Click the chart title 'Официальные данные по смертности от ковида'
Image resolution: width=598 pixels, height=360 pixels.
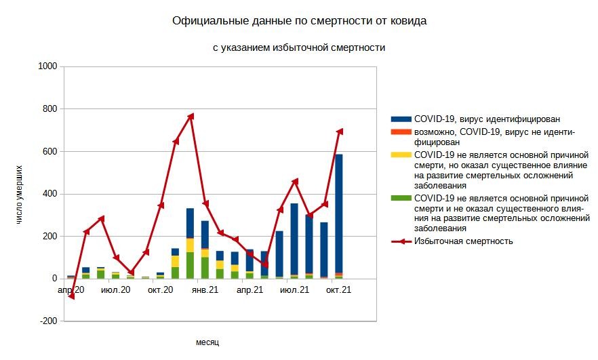click(299, 21)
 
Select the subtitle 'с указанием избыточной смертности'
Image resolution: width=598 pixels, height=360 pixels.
click(298, 47)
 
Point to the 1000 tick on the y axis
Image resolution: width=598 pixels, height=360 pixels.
click(48, 66)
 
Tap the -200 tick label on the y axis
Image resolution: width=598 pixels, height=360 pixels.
click(48, 321)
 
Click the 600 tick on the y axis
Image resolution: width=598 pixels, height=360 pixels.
click(50, 151)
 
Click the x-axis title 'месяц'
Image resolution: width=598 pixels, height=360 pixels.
click(207, 342)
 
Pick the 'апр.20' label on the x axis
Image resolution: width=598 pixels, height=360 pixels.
click(71, 290)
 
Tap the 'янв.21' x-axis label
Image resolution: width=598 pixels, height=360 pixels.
click(204, 290)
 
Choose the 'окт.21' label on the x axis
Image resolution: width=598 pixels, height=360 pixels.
click(338, 290)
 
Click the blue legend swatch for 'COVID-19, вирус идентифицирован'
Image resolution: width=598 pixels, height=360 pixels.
click(401, 119)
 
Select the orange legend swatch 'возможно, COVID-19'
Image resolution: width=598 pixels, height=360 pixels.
click(401, 131)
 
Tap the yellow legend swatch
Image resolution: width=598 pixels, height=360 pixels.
click(401, 155)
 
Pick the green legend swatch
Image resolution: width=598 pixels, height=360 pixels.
click(401, 197)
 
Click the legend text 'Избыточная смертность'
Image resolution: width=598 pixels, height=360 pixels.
click(463, 241)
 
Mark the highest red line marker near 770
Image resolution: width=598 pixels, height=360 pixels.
click(191, 116)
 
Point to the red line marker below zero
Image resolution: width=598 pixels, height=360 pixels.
click(71, 296)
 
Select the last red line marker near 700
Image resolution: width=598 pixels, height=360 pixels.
click(340, 131)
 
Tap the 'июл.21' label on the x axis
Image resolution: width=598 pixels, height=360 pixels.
click(294, 290)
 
